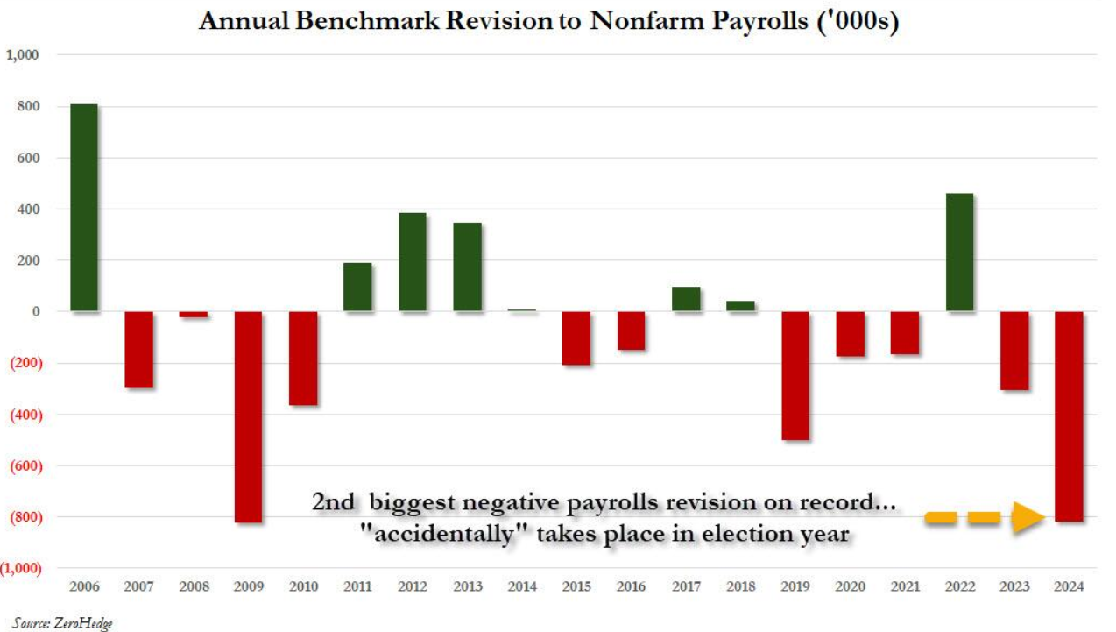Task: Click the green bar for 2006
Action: tap(83, 208)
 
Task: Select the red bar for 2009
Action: tap(248, 416)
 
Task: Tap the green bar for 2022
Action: tap(959, 252)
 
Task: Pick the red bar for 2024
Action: tap(1069, 416)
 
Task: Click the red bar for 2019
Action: tap(795, 375)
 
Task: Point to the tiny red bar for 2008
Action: tap(194, 314)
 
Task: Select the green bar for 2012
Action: tap(413, 262)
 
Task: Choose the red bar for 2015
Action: tap(576, 337)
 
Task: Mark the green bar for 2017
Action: tap(686, 299)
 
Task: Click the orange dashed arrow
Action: tap(980, 518)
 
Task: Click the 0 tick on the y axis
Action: tap(36, 311)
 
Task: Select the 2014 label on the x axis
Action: tap(522, 586)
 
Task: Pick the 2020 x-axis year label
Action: tap(850, 586)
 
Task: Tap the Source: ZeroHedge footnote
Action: tap(63, 623)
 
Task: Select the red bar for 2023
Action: tap(1014, 351)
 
